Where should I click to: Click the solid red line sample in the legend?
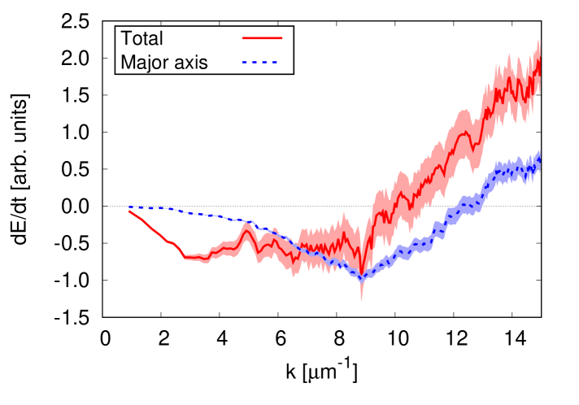point(262,38)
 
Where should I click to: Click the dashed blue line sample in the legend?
point(259,63)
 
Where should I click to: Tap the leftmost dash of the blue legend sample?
point(244,63)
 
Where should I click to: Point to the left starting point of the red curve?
point(129,211)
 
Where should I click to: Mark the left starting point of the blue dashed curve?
point(129,207)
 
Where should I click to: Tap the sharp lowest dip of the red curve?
point(362,274)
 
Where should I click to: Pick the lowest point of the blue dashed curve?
point(362,280)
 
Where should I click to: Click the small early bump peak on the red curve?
point(248,232)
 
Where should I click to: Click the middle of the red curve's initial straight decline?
point(156,233)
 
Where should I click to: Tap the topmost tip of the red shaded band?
point(538,39)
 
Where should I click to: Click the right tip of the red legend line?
point(281,38)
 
